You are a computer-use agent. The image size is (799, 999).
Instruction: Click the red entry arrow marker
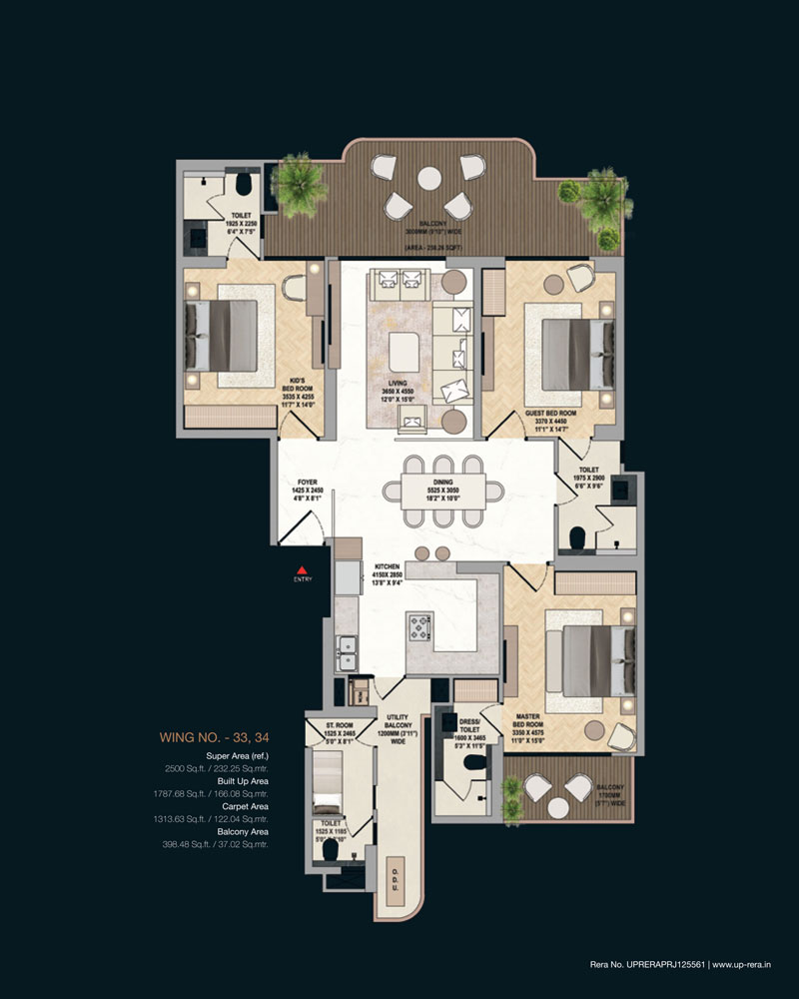click(300, 568)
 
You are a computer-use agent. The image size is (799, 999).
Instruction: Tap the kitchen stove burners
click(419, 627)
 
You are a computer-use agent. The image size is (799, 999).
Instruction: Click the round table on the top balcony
click(429, 178)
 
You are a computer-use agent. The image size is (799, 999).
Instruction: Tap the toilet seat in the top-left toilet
click(242, 184)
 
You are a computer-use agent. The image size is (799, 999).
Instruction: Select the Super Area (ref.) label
click(237, 756)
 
